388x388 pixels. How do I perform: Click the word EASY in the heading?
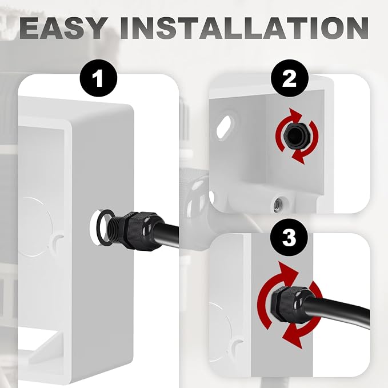pyautogui.click(x=62, y=28)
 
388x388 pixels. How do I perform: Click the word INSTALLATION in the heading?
pyautogui.click(x=244, y=28)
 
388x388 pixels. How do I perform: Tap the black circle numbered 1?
pyautogui.click(x=98, y=78)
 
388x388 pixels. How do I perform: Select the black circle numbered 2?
pyautogui.click(x=290, y=78)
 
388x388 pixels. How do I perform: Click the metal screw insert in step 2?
pyautogui.click(x=279, y=205)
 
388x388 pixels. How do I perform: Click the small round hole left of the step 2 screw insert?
pyautogui.click(x=211, y=197)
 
